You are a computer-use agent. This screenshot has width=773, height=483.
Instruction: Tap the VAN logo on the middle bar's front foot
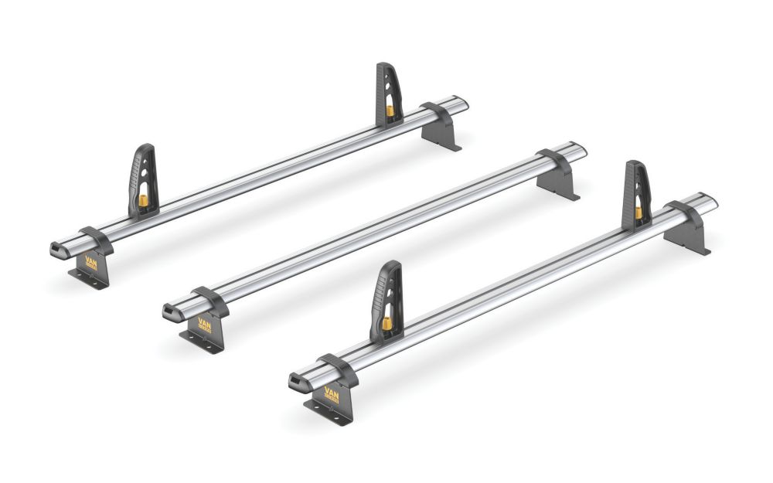coord(205,323)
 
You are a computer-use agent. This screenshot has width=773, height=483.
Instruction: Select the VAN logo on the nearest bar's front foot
coord(331,397)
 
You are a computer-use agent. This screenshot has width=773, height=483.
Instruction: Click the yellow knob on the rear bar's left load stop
coord(144,200)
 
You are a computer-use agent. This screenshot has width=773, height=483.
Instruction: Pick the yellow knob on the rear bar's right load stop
coord(390,111)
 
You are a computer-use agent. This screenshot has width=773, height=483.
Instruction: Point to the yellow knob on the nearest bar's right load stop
coord(638,213)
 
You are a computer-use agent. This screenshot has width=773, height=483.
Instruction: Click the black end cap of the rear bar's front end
coord(56,249)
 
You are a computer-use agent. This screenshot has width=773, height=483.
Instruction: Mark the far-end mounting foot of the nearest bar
coord(688,232)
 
